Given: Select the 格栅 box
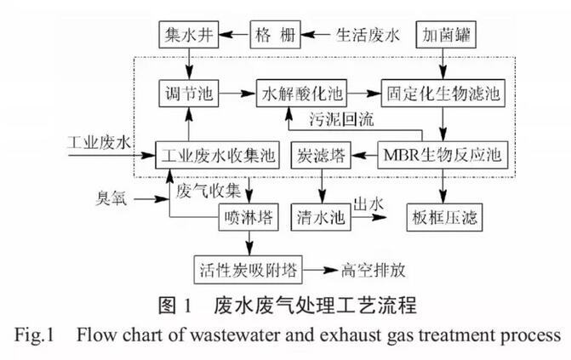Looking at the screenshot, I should (276, 36).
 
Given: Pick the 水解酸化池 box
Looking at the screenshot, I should (305, 90).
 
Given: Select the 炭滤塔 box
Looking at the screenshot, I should (321, 155).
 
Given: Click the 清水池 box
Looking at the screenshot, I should (321, 217).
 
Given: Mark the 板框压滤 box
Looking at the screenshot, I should (443, 217).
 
